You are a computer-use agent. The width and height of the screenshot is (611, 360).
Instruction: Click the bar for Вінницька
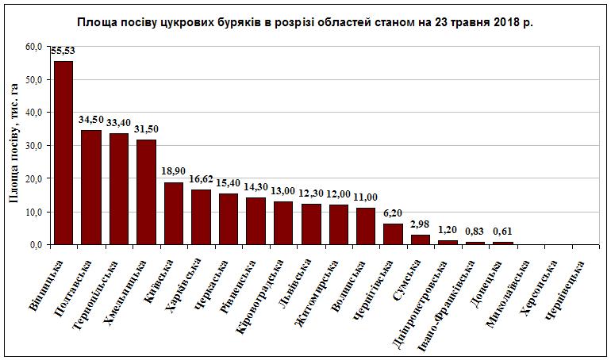(x=63, y=153)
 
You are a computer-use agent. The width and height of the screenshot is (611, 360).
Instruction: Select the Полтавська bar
(x=91, y=187)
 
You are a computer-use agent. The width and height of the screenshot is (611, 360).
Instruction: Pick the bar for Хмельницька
(x=146, y=193)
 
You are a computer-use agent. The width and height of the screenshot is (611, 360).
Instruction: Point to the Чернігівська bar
(x=393, y=234)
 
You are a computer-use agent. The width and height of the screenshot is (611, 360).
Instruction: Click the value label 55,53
(x=63, y=52)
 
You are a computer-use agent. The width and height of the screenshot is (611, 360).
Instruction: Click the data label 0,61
(x=502, y=232)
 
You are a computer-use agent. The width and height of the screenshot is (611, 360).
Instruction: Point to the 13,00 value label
(x=283, y=192)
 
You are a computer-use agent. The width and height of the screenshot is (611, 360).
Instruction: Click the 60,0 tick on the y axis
(x=33, y=46)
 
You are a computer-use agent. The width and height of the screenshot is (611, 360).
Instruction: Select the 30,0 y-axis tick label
(x=33, y=146)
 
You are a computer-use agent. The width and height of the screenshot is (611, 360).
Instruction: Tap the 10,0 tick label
(x=33, y=212)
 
